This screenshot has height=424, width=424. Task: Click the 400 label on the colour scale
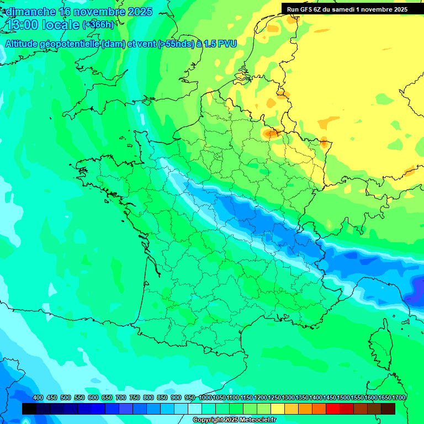click(38, 397)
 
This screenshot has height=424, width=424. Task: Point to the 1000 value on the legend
click(205, 397)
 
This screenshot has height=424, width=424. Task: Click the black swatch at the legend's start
click(29, 409)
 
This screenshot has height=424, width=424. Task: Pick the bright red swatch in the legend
click(332, 409)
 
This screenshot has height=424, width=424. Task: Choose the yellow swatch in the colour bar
click(278, 409)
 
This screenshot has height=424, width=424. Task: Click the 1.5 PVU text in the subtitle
click(220, 44)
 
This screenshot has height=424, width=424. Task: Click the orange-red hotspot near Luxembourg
click(271, 133)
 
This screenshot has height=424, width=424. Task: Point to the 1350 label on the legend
click(302, 397)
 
